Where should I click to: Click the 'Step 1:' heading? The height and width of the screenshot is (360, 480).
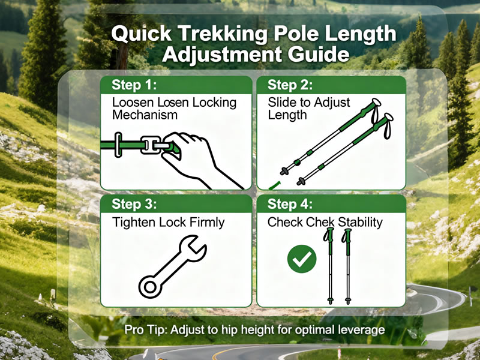coord(134,85)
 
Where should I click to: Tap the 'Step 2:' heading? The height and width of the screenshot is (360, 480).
coord(290,85)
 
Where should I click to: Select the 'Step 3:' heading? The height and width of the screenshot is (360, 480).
coord(134,204)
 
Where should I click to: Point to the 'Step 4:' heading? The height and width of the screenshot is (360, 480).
coord(290,204)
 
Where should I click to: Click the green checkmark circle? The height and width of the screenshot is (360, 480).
coord(302,259)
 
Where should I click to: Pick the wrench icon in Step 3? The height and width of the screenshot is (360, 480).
coord(173,266)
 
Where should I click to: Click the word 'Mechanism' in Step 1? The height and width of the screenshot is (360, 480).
coord(145,115)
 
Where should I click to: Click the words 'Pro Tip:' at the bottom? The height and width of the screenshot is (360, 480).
coord(146,330)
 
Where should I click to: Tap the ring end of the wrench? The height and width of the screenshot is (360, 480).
coord(150,287)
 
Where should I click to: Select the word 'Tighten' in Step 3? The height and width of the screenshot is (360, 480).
coord(134,223)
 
